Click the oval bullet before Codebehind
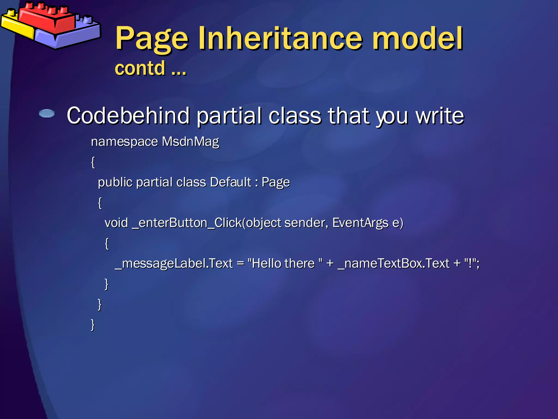(x=47, y=113)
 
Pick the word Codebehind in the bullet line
(x=128, y=116)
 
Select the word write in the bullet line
(x=440, y=116)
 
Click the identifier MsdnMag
(x=190, y=142)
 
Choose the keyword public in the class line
(x=115, y=182)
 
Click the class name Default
(x=231, y=182)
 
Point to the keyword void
(x=116, y=223)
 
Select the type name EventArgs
(x=360, y=223)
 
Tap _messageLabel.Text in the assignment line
(x=174, y=264)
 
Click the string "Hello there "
(x=285, y=264)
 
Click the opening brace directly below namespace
(x=93, y=162)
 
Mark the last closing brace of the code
(x=93, y=324)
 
